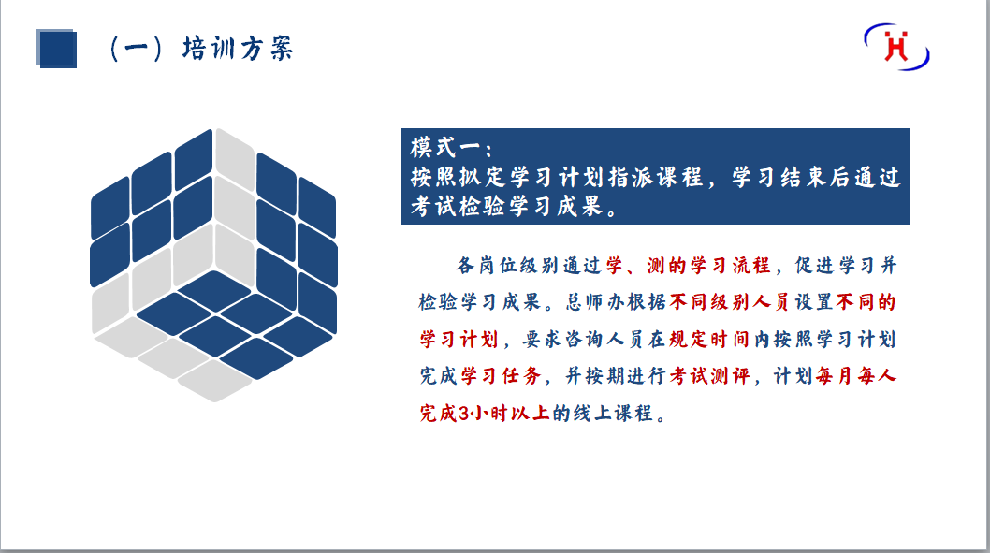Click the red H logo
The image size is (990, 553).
pos(898,48)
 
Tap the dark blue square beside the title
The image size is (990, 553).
pos(56,48)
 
